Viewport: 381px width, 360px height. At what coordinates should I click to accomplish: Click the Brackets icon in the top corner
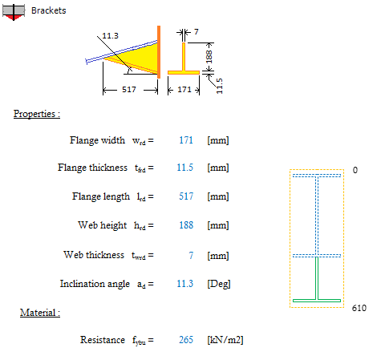click(14, 12)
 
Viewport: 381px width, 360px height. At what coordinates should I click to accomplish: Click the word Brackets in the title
click(48, 10)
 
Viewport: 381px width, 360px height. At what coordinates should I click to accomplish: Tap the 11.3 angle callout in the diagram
click(110, 35)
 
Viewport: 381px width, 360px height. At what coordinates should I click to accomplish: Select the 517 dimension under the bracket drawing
click(129, 89)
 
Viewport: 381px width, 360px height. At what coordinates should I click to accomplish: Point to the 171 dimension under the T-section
click(184, 89)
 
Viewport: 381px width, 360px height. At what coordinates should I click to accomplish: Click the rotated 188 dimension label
click(209, 57)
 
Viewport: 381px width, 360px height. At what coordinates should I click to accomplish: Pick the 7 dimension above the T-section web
click(197, 32)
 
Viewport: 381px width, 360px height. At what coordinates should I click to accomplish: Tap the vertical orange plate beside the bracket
click(159, 52)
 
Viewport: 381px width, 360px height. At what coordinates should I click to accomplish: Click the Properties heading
click(37, 114)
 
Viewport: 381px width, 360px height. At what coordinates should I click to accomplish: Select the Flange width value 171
click(186, 140)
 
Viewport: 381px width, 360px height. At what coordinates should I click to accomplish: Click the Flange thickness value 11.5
click(184, 168)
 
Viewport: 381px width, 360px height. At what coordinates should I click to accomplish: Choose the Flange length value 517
click(186, 196)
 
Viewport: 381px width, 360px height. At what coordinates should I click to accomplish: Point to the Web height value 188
click(186, 225)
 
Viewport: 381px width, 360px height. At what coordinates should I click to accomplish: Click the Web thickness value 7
click(191, 256)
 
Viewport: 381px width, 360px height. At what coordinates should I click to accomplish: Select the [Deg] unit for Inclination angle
click(219, 284)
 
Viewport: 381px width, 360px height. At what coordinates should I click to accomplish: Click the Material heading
click(40, 313)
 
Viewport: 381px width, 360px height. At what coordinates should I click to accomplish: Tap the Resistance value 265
click(186, 340)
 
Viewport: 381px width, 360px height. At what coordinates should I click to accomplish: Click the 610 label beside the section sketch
click(359, 308)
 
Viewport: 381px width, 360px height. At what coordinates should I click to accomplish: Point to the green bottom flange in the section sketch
click(317, 301)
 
